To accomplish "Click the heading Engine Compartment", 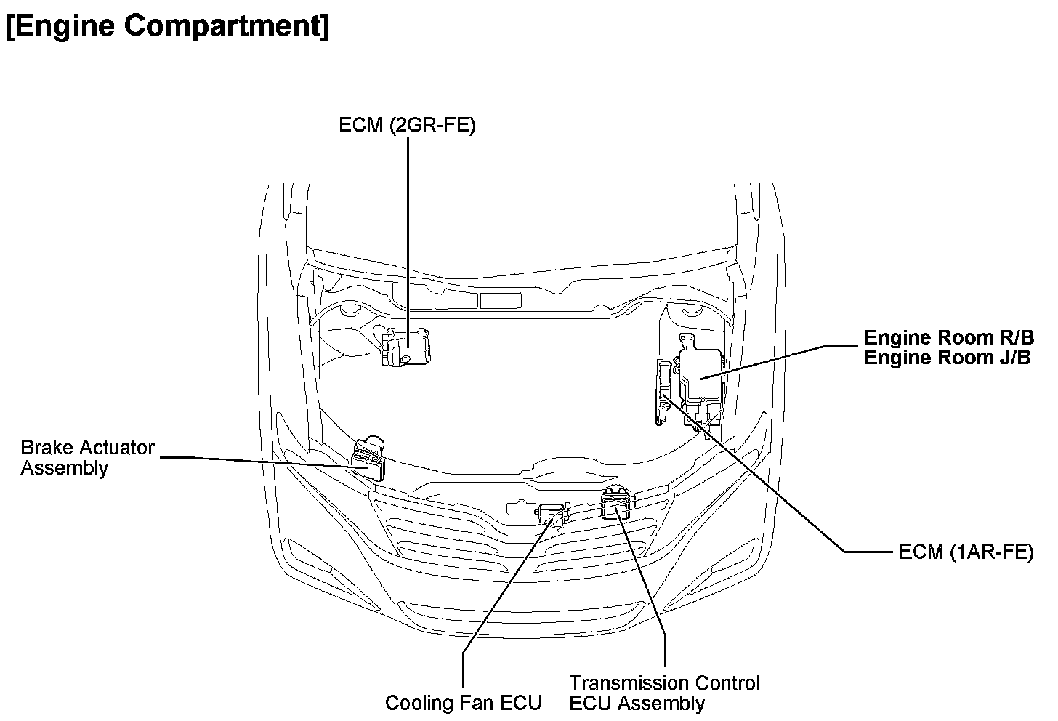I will [x=167, y=26].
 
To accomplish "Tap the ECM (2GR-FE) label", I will [x=407, y=126].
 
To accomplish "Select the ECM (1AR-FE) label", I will [x=966, y=552].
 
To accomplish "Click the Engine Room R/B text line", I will [x=948, y=338].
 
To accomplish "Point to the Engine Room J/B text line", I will [x=947, y=358].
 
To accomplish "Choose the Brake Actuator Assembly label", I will [x=87, y=457].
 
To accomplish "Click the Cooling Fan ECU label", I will [x=463, y=703].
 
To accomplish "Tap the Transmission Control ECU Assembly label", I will [x=664, y=693].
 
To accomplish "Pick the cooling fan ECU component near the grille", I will [x=554, y=513].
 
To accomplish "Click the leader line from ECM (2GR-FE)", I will [x=408, y=233].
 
